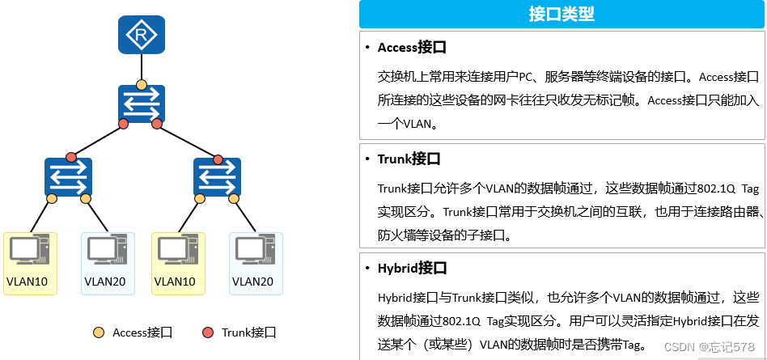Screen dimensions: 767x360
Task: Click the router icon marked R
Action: pos(142,35)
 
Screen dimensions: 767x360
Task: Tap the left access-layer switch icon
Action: pos(69,177)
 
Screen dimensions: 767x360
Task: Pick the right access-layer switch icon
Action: pos(217,177)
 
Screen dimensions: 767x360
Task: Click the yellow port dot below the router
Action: pos(142,84)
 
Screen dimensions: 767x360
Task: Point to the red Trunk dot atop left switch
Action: pos(71,156)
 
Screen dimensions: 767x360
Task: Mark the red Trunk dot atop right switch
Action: pos(216,156)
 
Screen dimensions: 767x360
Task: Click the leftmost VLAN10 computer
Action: pos(29,251)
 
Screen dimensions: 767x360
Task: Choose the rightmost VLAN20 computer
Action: pos(255,251)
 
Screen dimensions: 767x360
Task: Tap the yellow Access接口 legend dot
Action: pos(99,332)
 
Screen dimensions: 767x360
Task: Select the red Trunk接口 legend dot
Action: pos(208,332)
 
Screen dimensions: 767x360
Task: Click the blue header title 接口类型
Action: pos(561,14)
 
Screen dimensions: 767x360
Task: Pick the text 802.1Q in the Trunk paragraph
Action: pos(692,188)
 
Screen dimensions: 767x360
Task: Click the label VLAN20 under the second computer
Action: pos(104,282)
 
